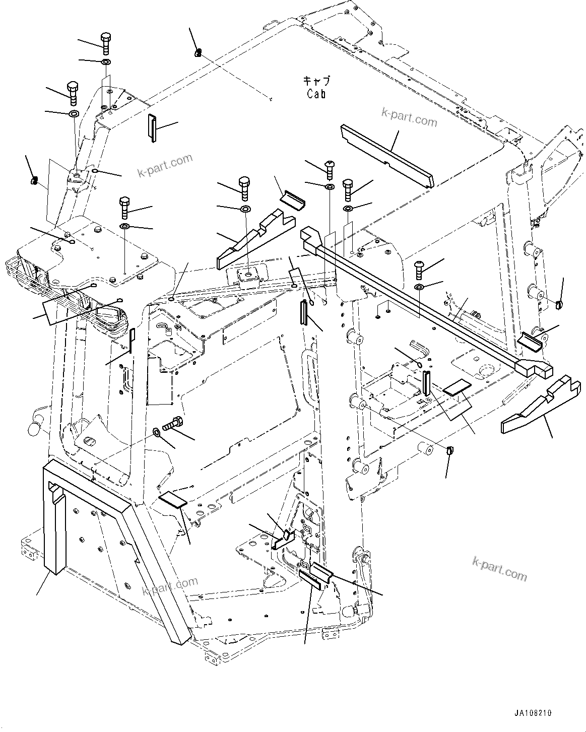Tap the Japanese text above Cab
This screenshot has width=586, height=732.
pyautogui.click(x=316, y=81)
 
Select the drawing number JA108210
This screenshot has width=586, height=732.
pyautogui.click(x=533, y=713)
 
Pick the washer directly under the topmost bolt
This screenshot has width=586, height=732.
pyautogui.click(x=106, y=62)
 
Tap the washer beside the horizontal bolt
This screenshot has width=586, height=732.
pyautogui.click(x=157, y=431)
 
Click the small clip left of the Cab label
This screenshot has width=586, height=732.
pyautogui.click(x=199, y=51)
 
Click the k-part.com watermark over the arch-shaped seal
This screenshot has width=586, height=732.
pyautogui.click(x=170, y=586)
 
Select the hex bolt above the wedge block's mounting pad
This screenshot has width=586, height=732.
pyautogui.click(x=244, y=188)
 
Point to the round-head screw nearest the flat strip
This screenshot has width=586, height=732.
pyautogui.click(x=329, y=169)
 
